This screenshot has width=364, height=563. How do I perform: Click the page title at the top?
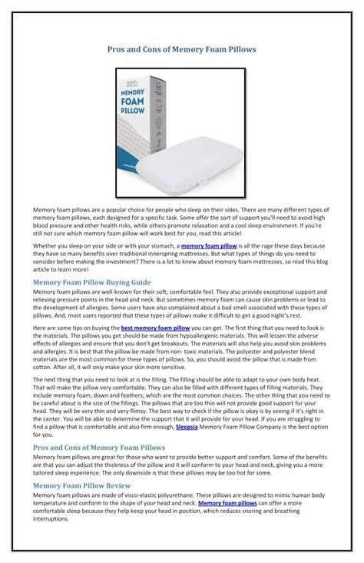pos(181,48)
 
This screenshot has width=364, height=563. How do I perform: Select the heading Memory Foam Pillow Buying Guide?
pos(92,281)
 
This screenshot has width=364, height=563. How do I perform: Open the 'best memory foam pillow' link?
pos(155,328)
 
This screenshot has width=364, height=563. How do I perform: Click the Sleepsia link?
pos(188,425)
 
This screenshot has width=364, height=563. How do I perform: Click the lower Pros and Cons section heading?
pos(98,446)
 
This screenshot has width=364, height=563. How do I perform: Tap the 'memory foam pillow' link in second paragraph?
pos(209,245)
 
